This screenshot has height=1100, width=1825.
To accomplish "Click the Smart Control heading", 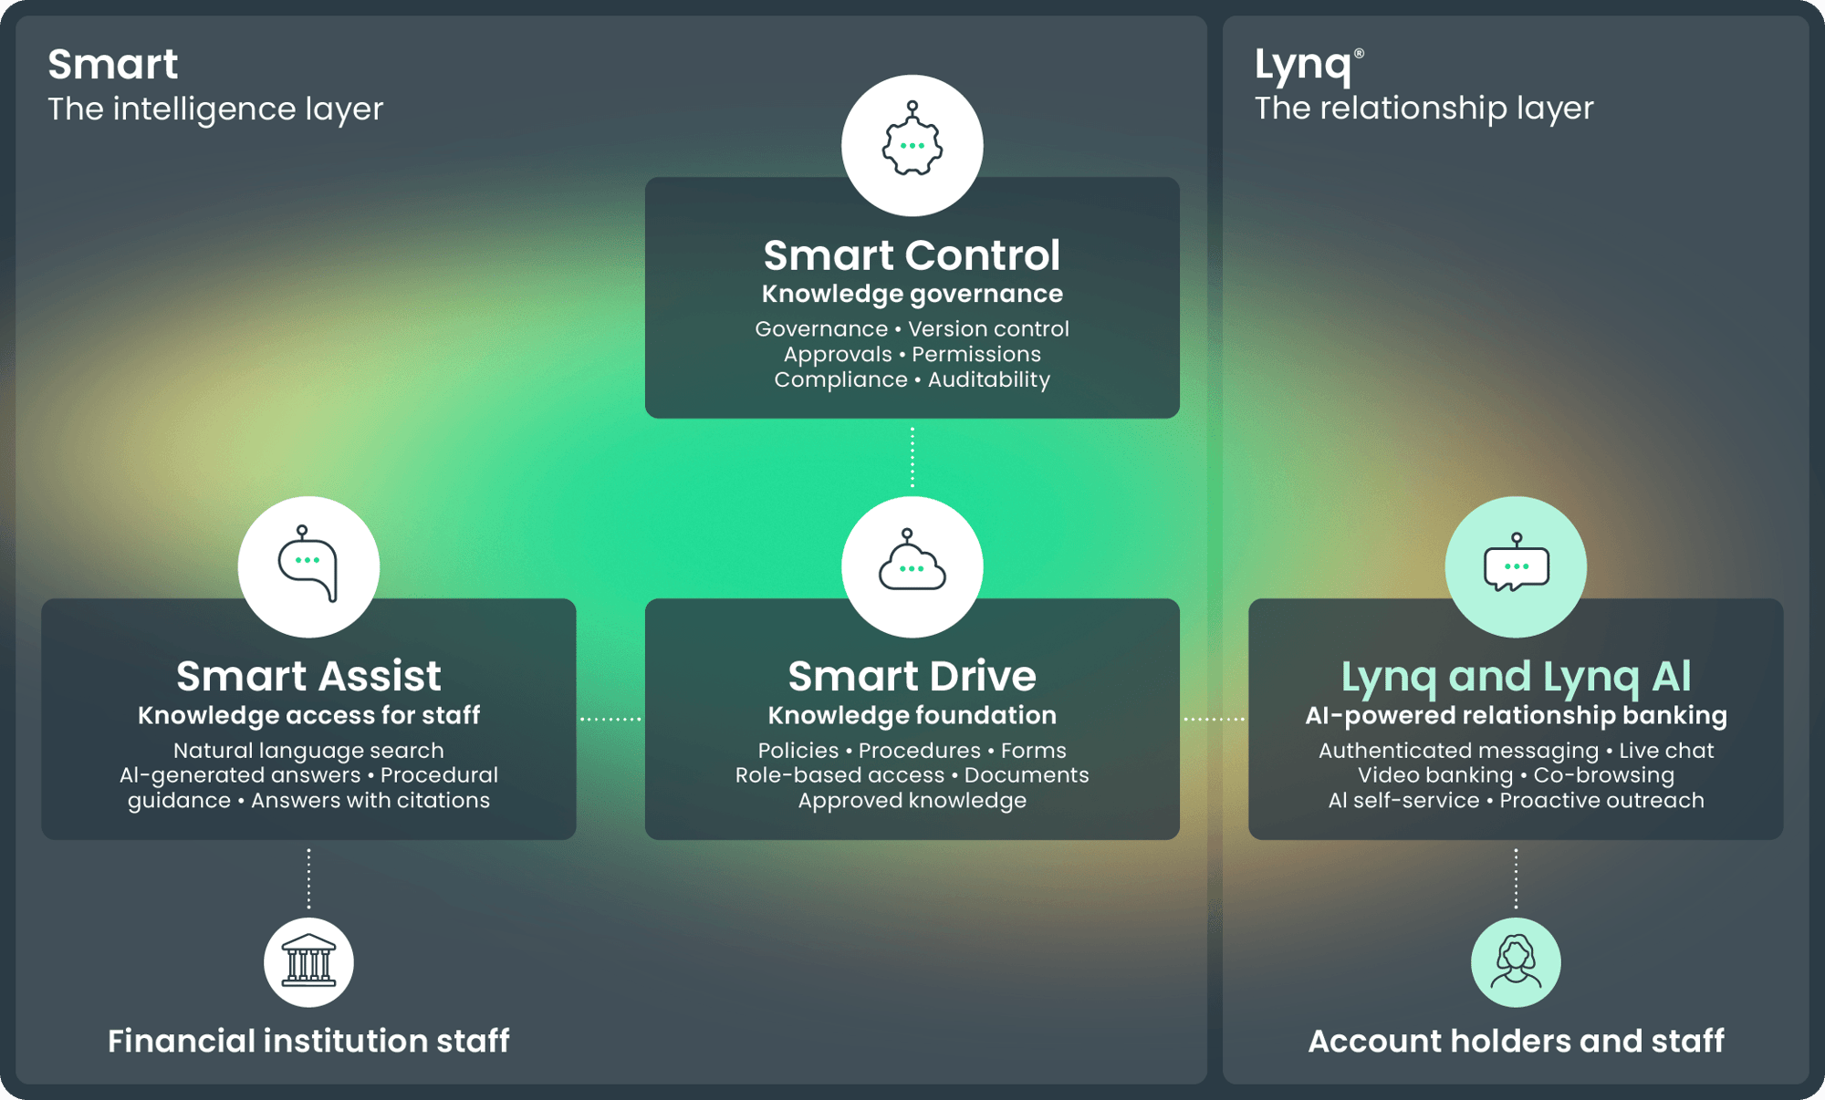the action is (912, 255).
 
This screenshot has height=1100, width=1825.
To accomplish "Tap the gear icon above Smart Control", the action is (912, 139).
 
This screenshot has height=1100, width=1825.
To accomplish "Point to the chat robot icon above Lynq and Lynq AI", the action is (1516, 563).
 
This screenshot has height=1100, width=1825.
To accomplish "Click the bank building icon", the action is (308, 961).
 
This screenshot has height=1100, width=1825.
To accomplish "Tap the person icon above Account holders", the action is (1516, 961).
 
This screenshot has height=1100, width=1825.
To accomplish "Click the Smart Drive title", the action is (912, 676).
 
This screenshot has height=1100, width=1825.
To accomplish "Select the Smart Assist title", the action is (308, 676).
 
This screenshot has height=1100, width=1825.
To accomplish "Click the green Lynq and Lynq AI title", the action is (1516, 677).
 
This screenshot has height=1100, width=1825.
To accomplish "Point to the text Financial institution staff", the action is (308, 1041).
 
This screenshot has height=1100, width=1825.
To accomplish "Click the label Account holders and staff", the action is (1516, 1041).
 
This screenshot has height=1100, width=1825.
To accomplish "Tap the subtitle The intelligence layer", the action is (215, 109).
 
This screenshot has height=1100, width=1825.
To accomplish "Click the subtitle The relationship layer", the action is (1423, 109).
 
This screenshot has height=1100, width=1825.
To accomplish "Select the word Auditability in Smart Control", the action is (989, 379).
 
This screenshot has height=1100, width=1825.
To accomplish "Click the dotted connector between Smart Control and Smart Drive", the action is (912, 457).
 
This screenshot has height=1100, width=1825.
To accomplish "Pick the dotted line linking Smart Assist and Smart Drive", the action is (610, 719).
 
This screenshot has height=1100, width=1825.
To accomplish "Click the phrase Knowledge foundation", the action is (912, 715).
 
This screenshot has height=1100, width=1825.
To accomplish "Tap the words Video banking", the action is (1435, 775).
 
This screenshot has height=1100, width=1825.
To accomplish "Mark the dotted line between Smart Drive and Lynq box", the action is (1214, 719).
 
